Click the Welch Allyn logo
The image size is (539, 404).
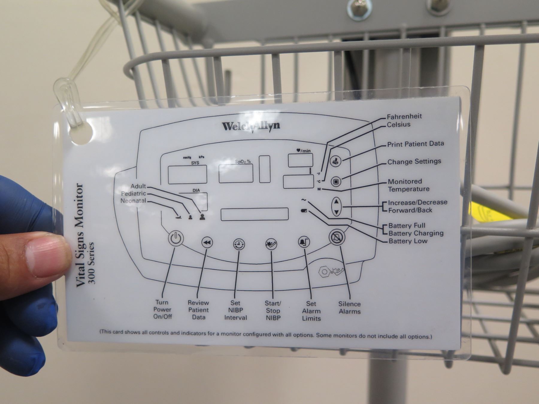tap(251, 126)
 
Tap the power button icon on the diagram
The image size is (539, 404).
tap(175, 238)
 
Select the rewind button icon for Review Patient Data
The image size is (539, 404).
tap(207, 242)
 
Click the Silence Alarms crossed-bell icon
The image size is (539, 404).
tap(337, 238)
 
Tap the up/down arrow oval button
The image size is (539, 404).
tap(336, 206)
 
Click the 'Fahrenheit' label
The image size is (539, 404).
tap(404, 116)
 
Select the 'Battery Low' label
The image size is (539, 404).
tap(408, 241)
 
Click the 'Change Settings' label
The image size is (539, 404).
tap(414, 162)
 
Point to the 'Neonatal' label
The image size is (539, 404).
tap(133, 201)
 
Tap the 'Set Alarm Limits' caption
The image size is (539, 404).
tap(311, 311)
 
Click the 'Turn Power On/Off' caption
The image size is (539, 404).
tap(162, 309)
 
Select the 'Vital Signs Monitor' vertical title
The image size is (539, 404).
tap(80, 235)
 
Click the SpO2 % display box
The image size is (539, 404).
tap(236, 173)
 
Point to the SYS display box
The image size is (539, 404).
tap(187, 174)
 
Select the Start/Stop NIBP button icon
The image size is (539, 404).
tap(271, 244)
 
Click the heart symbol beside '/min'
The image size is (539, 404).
tap(299, 151)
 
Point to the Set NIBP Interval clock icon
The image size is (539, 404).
tap(239, 244)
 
